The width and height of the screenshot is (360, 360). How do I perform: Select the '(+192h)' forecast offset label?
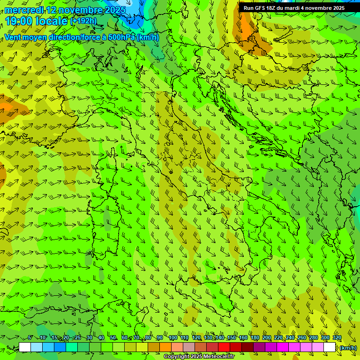83,21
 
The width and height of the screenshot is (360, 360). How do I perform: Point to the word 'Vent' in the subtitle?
13,37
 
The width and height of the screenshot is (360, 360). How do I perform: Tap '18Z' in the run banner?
271,8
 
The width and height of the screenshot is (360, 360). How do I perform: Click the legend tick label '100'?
172,338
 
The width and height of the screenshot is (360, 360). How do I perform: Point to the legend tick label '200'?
267,338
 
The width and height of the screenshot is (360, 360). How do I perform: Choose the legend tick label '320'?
337,338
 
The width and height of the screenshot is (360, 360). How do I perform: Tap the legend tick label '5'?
30,338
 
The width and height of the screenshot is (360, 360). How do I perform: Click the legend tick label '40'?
101,338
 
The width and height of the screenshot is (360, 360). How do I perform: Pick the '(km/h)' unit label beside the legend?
348,347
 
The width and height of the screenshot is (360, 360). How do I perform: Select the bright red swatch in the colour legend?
224,347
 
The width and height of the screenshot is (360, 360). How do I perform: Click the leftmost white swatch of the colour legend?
25,347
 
